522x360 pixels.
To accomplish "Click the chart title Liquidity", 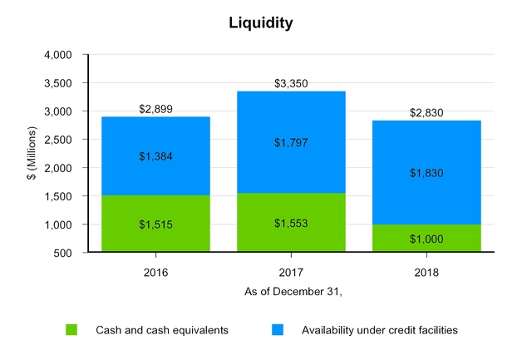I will pos(261,23).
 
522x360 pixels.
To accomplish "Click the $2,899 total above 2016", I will pos(155,109).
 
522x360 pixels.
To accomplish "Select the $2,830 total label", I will pos(426,113).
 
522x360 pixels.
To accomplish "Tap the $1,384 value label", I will pos(155,156).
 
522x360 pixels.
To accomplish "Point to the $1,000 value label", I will pos(426,238).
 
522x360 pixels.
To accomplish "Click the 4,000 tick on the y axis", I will pos(61,55).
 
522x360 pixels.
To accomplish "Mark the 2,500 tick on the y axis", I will pos(61,140).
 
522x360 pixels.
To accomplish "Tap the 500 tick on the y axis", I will pos(66,253).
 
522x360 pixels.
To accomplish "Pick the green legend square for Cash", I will pos(72,330).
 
